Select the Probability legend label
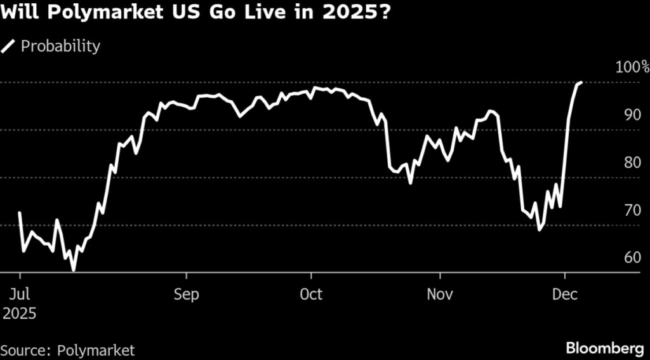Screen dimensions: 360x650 61,46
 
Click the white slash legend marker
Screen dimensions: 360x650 9,46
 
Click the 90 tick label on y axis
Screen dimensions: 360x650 632,115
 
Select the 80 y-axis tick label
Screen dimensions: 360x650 632,163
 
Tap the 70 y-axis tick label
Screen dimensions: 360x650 632,210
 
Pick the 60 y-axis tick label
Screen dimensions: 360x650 632,258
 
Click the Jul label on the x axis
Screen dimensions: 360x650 20,295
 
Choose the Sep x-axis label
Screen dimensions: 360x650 187,295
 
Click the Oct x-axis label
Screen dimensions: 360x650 312,295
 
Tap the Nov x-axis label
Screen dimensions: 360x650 440,295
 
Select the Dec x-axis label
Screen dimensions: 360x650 565,295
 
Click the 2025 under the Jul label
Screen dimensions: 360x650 19,313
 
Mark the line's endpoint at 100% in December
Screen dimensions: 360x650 581,83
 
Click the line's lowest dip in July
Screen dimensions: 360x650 74,270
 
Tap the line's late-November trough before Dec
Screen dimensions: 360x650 540,229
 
